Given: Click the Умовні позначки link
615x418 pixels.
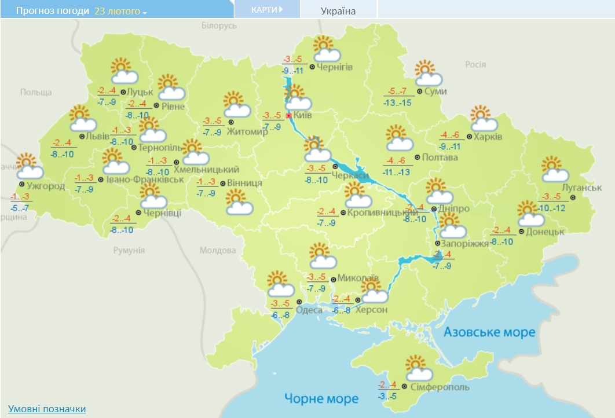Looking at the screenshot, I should tap(47, 409).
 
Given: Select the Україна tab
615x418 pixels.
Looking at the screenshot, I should tap(338, 11).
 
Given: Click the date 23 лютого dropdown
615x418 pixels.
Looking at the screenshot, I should tap(120, 11).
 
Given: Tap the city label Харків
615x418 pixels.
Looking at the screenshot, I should tap(488, 137).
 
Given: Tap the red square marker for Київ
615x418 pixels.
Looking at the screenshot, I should tap(289, 116).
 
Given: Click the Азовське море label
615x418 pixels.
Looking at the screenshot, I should tap(489, 332).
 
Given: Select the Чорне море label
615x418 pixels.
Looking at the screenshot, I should tap(321, 398).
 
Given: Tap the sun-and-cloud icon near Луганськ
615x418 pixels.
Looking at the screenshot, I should tap(555, 170).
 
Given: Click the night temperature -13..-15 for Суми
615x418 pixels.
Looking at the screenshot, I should tap(397, 102).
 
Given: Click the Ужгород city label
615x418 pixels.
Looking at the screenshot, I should tap(46, 186).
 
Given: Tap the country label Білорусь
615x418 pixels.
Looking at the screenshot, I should tap(219, 26).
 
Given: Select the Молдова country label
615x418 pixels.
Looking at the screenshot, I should tap(218, 250).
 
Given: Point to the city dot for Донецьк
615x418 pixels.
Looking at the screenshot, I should tap(521, 232).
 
